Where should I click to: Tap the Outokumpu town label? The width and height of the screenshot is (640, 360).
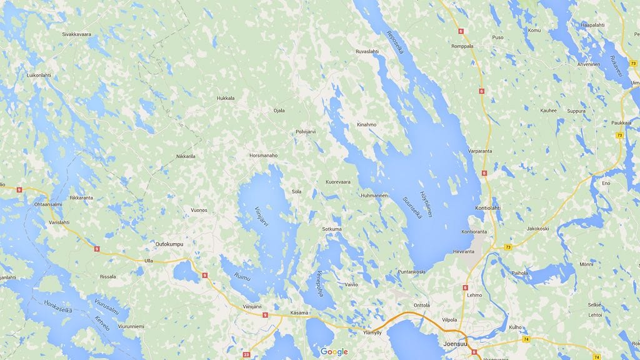pos(170,245)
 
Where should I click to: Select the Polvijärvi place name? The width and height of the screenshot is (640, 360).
pos(307,132)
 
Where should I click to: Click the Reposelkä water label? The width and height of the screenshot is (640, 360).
pos(395,42)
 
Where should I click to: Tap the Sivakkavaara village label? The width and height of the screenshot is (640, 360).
pos(77,35)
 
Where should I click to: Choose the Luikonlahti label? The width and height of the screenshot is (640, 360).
pos(38,75)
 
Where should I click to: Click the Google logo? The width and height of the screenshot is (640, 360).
pos(334,352)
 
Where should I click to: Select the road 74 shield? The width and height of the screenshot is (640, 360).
pos(526,339)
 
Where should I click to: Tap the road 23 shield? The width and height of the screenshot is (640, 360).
pos(246,355)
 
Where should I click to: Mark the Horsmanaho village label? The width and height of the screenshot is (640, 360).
pos(263,155)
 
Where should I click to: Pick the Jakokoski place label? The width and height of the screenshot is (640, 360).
pos(537,229)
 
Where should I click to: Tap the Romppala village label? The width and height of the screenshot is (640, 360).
pos(462,46)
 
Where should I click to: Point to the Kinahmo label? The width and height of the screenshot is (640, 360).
pos(366,124)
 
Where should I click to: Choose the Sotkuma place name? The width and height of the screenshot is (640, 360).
pos(332,229)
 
